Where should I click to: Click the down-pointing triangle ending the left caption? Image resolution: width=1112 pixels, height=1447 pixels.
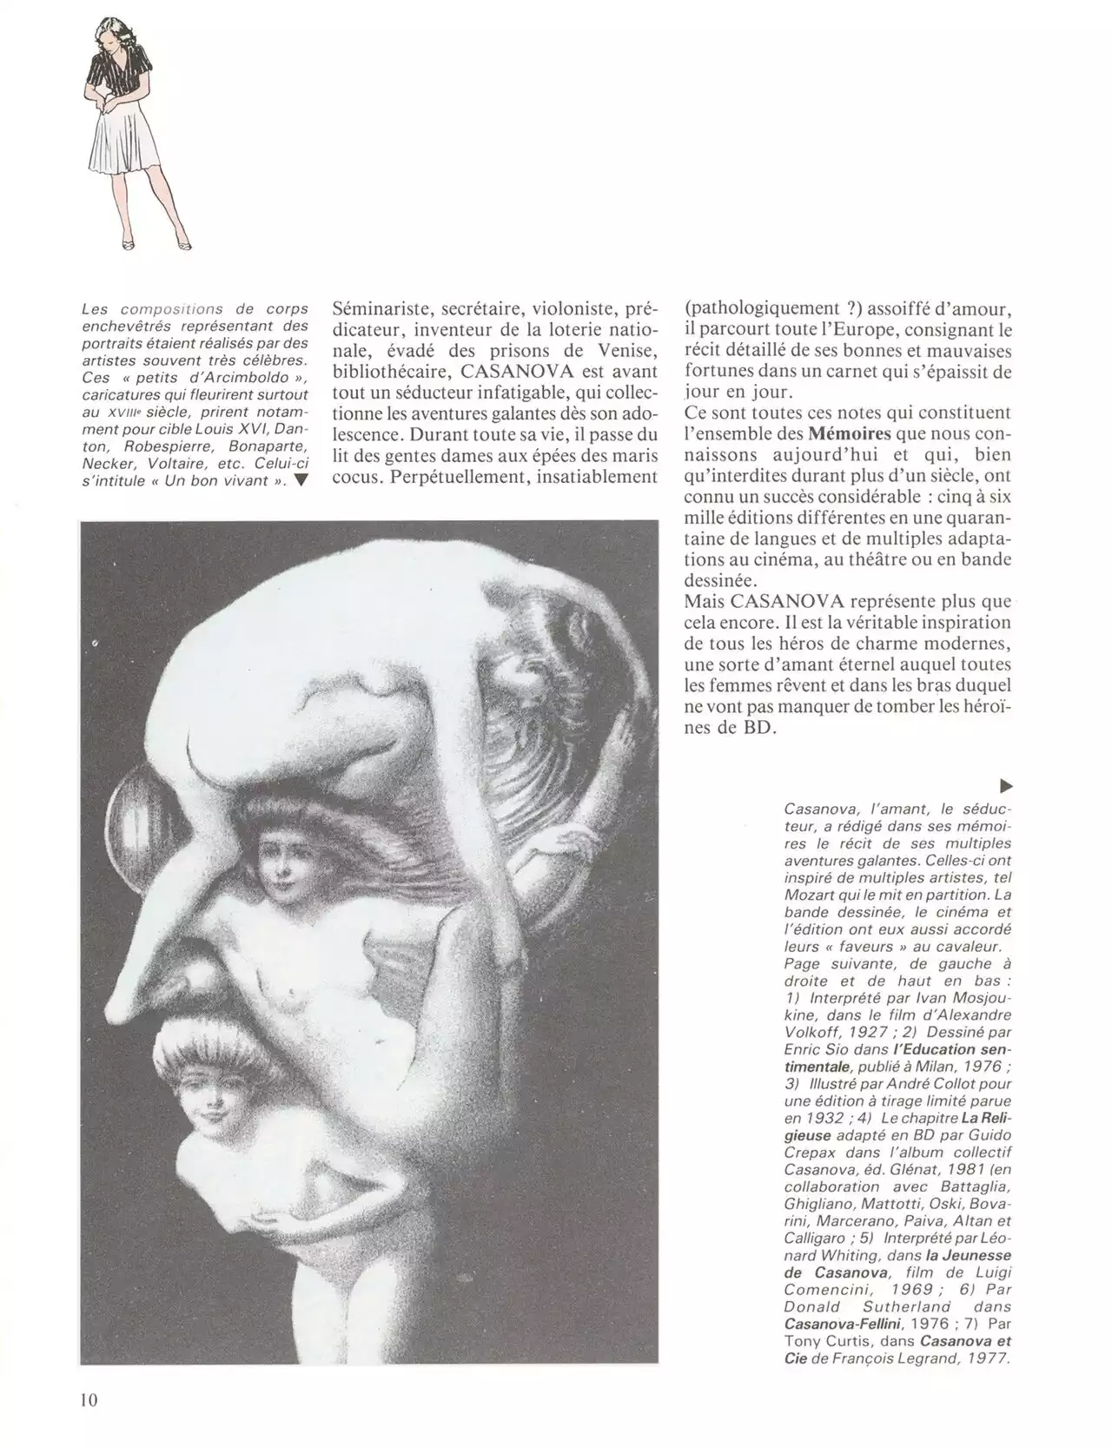[x=301, y=481]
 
